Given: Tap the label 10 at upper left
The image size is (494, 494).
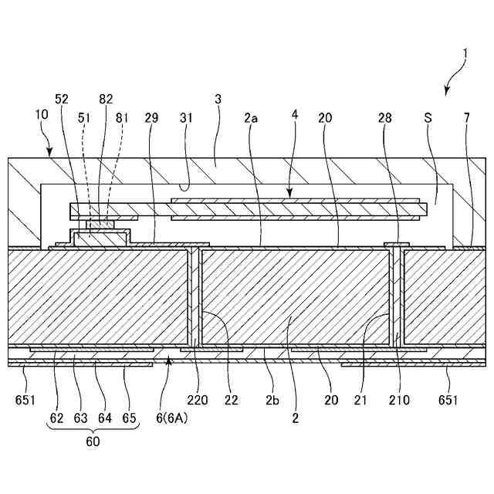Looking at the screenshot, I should (x=42, y=113).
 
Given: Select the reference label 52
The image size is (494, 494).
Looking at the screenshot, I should (x=62, y=100).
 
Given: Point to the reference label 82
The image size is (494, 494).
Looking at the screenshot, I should (x=106, y=100).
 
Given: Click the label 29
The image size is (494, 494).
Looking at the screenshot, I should (x=151, y=118).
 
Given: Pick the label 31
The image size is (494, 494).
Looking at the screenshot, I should (x=185, y=118).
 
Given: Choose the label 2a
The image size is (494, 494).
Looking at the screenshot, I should (x=250, y=118).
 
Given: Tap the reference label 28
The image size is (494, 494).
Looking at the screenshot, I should (x=385, y=118).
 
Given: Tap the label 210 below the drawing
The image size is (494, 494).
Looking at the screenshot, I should (x=400, y=401).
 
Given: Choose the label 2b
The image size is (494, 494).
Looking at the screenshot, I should (x=272, y=401).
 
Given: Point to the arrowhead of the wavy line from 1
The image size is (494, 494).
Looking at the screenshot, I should (x=446, y=93).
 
